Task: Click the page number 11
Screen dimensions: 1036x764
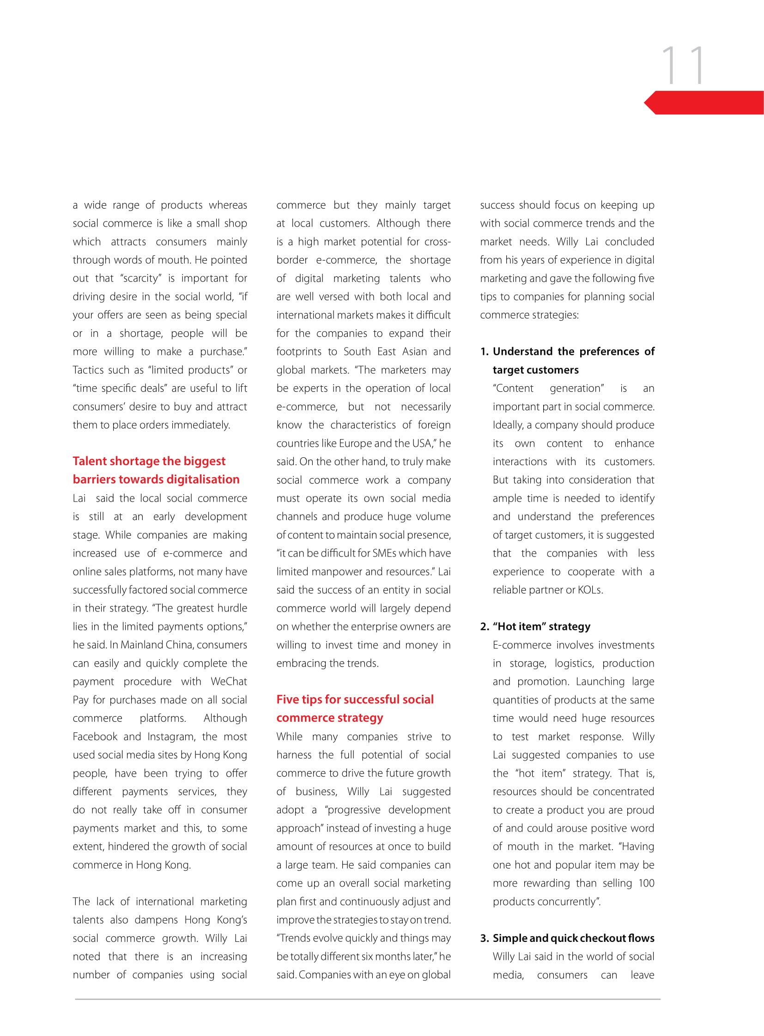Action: pos(683,66)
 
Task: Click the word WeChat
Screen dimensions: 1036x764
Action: pos(229,682)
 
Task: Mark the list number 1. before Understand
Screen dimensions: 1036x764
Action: pos(484,352)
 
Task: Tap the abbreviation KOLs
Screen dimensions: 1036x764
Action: pos(590,590)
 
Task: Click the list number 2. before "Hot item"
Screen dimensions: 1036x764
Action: pos(484,627)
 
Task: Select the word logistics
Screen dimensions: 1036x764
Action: pos(574,664)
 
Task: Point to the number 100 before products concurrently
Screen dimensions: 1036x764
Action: pos(646,884)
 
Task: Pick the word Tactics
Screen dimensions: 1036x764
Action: pos(88,370)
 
